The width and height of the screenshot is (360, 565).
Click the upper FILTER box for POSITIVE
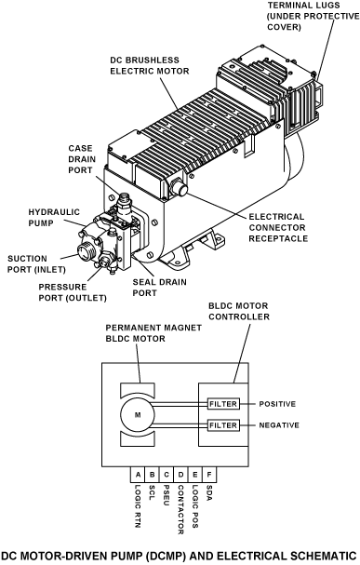click(x=223, y=404)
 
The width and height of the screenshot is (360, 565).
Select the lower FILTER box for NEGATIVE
click(x=223, y=425)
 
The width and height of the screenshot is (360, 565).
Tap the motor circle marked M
click(x=138, y=415)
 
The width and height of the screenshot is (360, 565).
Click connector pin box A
click(x=138, y=475)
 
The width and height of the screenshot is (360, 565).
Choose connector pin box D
click(x=180, y=475)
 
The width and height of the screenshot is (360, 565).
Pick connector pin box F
click(x=209, y=475)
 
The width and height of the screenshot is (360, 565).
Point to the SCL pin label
click(x=152, y=492)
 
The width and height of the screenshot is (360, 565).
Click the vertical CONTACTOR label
click(x=180, y=510)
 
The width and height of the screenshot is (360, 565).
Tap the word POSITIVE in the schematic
click(x=277, y=404)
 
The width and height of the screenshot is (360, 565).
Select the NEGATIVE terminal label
click(x=279, y=425)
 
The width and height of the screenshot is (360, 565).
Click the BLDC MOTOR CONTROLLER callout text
click(x=239, y=311)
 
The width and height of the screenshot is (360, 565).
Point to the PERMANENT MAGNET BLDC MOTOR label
click(x=153, y=333)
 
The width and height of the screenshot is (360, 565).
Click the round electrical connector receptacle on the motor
click(x=179, y=188)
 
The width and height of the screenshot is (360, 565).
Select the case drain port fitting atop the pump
click(x=125, y=203)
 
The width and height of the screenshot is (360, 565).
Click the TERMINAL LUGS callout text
click(x=313, y=16)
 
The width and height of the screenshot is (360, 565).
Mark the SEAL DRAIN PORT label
click(x=159, y=288)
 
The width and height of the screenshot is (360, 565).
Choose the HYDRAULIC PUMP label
click(x=54, y=218)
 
